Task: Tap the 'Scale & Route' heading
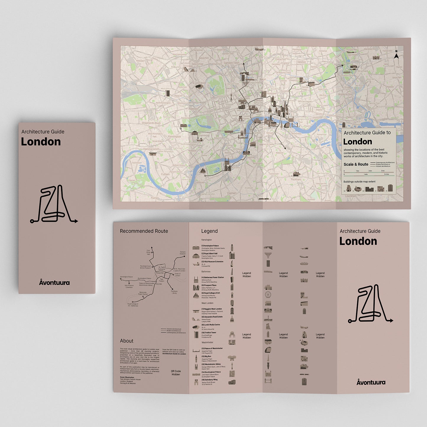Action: tap(356, 164)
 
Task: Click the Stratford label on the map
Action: tap(363, 71)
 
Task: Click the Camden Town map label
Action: tap(231, 63)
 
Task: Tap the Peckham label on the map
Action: tap(296, 179)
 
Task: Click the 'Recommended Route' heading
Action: tap(144, 231)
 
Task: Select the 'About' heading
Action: tap(126, 341)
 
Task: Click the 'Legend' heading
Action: tap(209, 231)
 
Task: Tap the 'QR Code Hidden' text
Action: tap(176, 373)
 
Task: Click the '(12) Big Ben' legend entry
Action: tap(206, 356)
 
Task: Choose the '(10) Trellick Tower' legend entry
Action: tap(209, 332)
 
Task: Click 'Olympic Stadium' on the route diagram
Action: tap(183, 253)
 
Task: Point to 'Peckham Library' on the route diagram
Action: tap(174, 292)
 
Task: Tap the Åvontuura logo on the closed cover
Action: tap(54, 282)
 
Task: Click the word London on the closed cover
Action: tap(41, 142)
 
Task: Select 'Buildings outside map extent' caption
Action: tap(359, 181)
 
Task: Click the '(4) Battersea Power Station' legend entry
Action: tap(212, 277)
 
